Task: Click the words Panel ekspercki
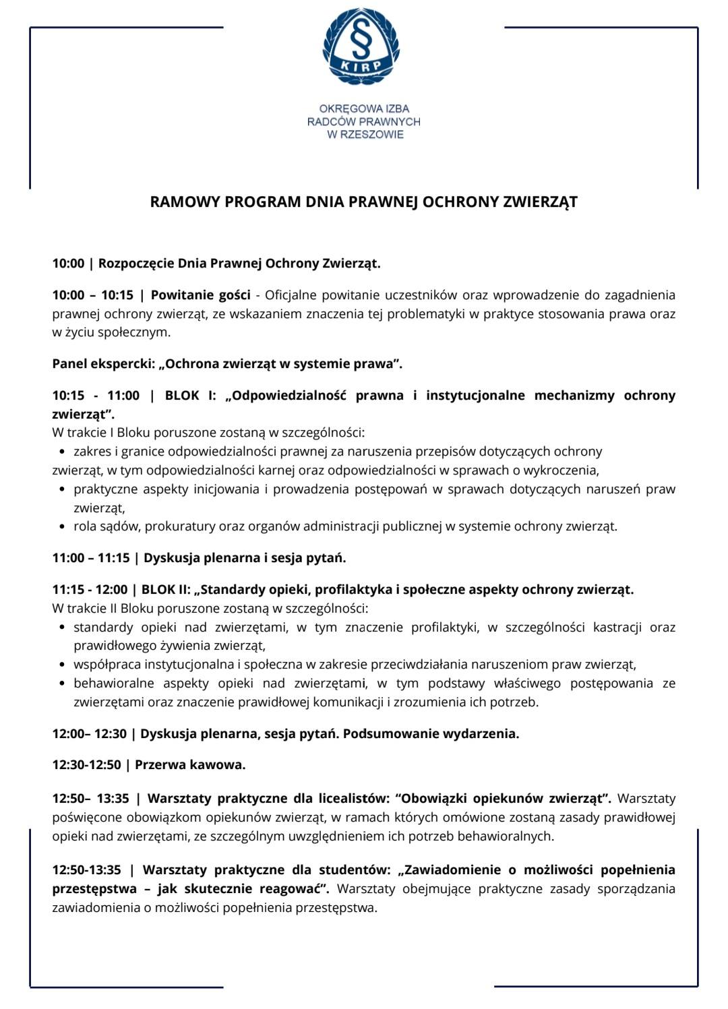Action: tap(102, 364)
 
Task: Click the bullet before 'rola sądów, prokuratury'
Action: tap(62, 526)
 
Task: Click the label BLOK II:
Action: tap(166, 590)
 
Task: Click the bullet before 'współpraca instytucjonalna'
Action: tap(62, 665)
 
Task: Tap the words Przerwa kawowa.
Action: tap(190, 765)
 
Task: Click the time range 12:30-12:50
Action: tap(87, 765)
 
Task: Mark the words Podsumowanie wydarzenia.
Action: tap(431, 733)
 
